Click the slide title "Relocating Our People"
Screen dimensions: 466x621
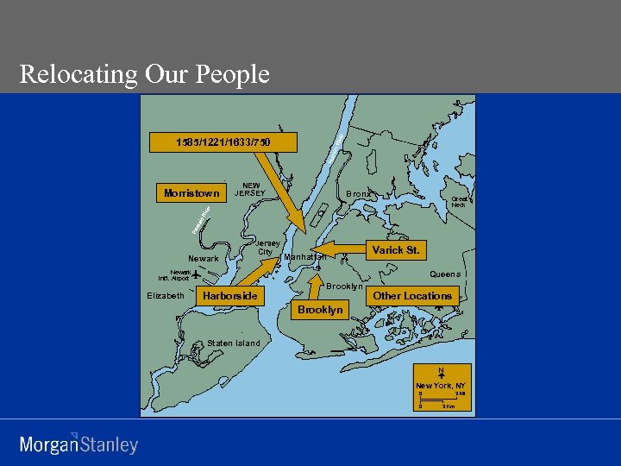[x=145, y=74]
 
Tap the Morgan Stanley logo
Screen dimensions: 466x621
[x=78, y=444]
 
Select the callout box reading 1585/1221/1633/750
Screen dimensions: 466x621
[x=223, y=142]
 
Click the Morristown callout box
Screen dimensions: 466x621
[x=191, y=193]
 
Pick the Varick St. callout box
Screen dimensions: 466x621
[x=396, y=250]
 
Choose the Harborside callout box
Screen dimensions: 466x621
[x=229, y=296]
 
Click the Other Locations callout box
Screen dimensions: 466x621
[x=412, y=296]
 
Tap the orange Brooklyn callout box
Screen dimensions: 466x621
[x=320, y=310]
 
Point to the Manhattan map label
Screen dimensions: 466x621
[x=305, y=257]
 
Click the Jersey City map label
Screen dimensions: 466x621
[x=267, y=248]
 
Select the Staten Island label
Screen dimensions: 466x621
[x=234, y=343]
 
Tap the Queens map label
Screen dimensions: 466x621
[x=445, y=274]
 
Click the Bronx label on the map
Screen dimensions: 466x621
[x=358, y=194]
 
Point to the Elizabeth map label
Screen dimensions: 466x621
[x=166, y=295]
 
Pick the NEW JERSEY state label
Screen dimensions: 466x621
[x=250, y=190]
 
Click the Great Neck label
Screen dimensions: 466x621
[x=459, y=202]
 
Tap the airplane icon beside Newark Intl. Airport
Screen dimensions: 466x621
[x=196, y=274]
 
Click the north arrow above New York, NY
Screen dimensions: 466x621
[x=441, y=375]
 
